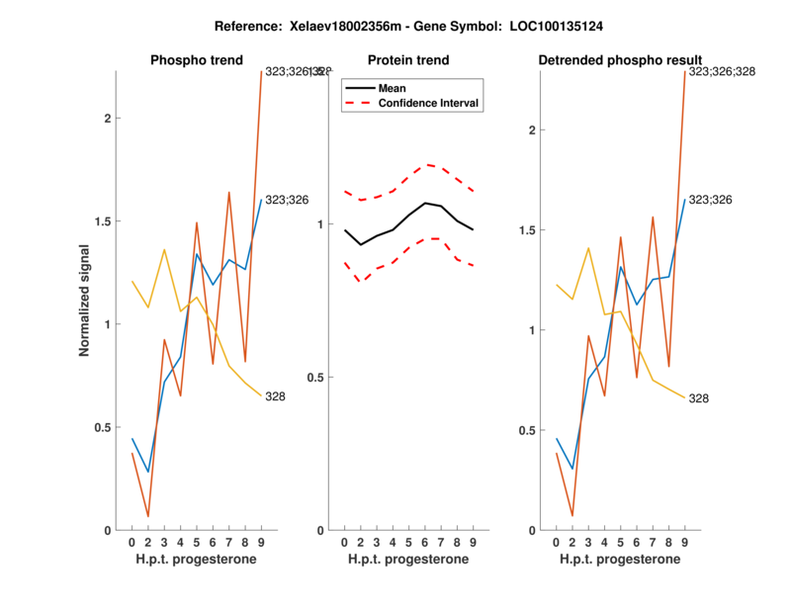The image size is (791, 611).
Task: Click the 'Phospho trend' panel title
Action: (x=196, y=60)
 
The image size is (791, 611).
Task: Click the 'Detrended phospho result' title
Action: (x=620, y=60)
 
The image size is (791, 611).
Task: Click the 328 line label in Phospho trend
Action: (x=276, y=396)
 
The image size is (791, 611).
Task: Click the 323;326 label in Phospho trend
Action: (x=287, y=200)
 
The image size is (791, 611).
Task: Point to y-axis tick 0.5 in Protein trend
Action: (x=317, y=378)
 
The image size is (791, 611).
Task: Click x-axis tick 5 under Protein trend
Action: (x=409, y=542)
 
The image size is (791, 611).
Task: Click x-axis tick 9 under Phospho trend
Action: (x=261, y=542)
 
